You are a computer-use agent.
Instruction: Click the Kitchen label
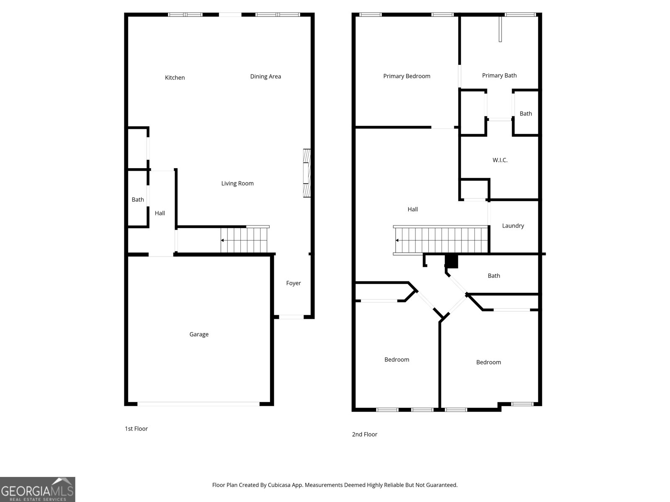[175, 78]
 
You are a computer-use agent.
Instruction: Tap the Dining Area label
[265, 77]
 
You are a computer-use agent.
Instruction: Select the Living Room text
[237, 184]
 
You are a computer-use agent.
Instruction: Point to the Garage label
[199, 334]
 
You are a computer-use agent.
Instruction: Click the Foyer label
[294, 283]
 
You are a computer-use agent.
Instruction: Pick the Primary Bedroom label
[407, 76]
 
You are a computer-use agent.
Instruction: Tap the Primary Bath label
[500, 76]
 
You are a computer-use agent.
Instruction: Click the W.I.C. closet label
[500, 160]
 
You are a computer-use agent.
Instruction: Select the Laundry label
[513, 226]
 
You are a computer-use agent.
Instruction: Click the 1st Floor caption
[136, 428]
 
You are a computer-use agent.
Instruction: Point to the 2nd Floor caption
[365, 434]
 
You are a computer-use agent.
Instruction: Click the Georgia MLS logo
[38, 489]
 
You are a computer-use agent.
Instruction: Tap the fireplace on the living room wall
[307, 173]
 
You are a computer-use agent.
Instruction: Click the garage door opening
[198, 404]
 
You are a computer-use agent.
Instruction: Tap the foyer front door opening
[291, 317]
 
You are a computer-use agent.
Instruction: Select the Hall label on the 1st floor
[160, 213]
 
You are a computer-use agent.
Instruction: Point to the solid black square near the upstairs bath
[451, 261]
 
